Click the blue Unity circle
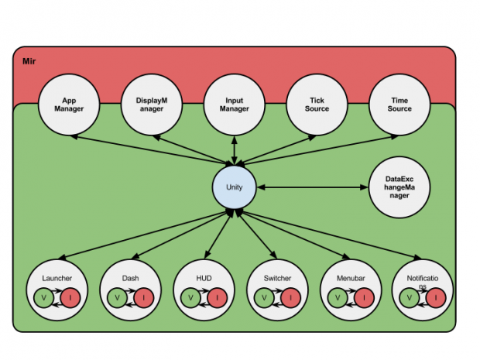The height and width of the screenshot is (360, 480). [235, 187]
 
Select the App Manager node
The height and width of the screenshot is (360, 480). [74, 105]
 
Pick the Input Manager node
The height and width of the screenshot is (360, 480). [234, 105]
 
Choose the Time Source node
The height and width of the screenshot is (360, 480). [399, 105]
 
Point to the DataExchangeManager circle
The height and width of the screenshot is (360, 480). [399, 187]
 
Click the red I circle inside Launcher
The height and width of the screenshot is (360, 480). [70, 297]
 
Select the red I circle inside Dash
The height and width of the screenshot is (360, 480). [144, 297]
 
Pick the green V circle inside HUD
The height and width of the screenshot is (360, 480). [190, 297]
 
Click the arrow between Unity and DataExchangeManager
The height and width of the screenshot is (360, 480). [314, 187]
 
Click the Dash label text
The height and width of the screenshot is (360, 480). [131, 276]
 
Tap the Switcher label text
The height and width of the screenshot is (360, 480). [278, 276]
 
